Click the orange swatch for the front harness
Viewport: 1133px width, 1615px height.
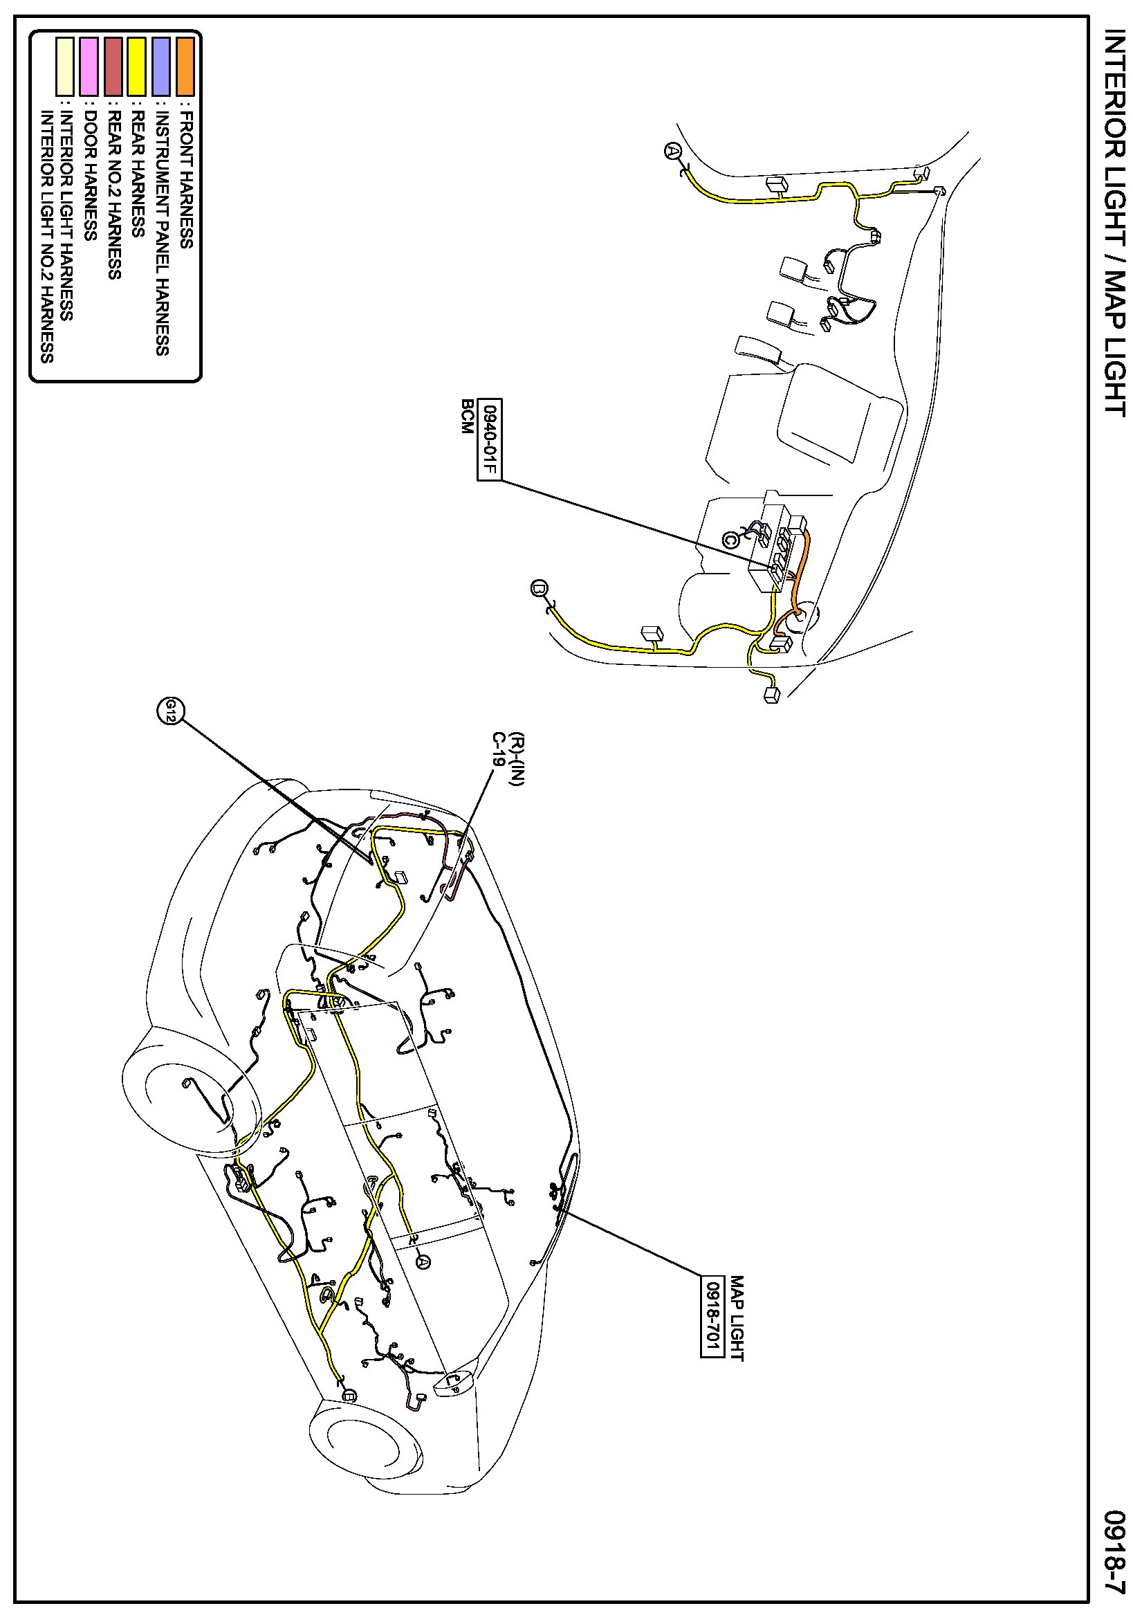pyautogui.click(x=185, y=67)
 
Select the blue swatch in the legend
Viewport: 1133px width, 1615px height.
pyautogui.click(x=161, y=67)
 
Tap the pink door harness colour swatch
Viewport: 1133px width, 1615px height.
pyautogui.click(x=89, y=67)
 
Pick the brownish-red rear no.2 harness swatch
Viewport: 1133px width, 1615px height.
pyautogui.click(x=113, y=67)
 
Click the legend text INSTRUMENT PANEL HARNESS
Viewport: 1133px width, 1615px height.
pyautogui.click(x=163, y=232)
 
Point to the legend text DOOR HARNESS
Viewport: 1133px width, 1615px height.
pyautogui.click(x=90, y=175)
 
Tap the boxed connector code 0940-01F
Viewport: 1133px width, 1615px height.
pyautogui.click(x=489, y=439)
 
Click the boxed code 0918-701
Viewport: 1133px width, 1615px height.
pyautogui.click(x=712, y=1316)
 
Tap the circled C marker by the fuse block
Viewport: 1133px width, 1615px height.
pyautogui.click(x=730, y=540)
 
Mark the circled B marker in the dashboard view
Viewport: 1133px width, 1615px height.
pyautogui.click(x=540, y=588)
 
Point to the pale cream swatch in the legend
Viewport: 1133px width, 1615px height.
pyautogui.click(x=65, y=67)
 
